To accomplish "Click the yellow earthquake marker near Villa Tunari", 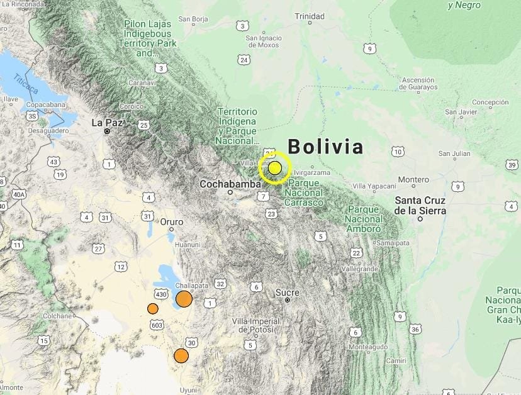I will [275, 168].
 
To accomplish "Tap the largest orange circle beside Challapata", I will [184, 299].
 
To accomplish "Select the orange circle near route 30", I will [181, 356].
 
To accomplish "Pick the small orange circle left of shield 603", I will [153, 308].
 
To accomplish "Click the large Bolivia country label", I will [326, 147].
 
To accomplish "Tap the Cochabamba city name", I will [230, 184].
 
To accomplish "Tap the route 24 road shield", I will [244, 60].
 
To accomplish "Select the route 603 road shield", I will [157, 325].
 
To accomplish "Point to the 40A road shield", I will [20, 195].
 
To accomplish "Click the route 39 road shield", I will [511, 164].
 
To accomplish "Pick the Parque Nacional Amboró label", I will [364, 219].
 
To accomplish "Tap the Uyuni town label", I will [189, 390].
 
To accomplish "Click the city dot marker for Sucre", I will [287, 300].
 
